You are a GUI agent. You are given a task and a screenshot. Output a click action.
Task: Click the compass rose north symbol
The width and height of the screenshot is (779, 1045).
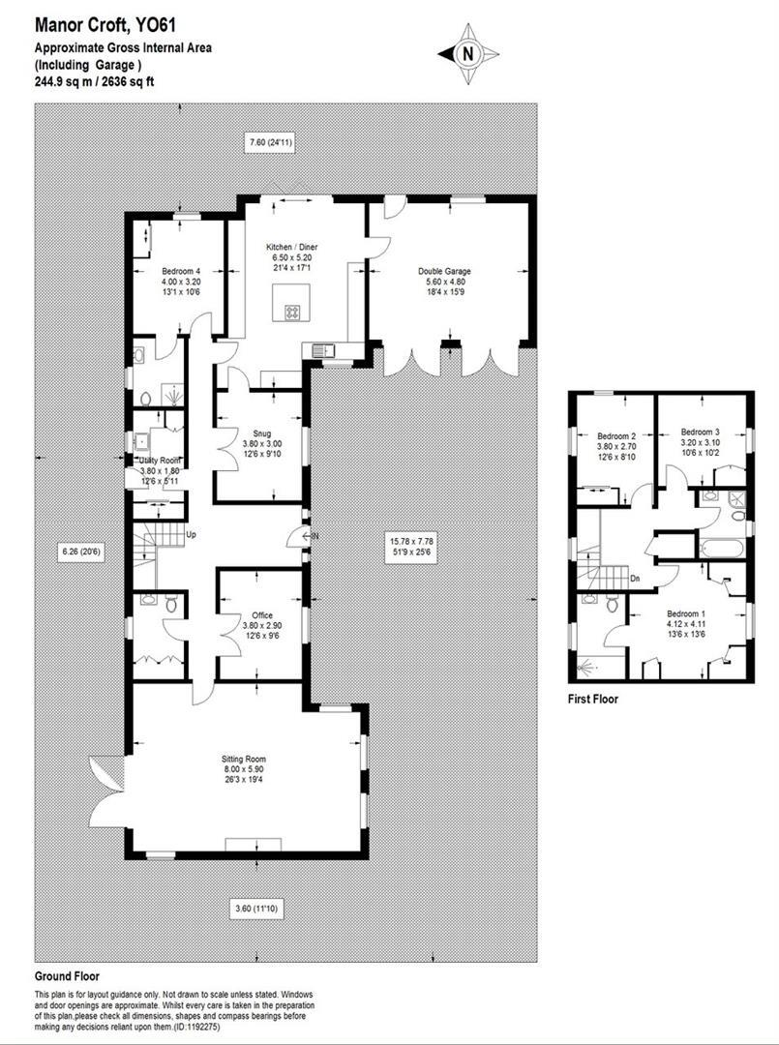[469, 54]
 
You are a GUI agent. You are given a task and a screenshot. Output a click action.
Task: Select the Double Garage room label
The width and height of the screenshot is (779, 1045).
[444, 272]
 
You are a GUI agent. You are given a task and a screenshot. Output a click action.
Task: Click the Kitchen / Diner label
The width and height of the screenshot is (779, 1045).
[292, 248]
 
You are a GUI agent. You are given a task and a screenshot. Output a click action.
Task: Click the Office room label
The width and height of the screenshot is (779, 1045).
[262, 615]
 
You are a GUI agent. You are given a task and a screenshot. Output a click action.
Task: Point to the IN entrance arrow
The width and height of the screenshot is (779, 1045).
[311, 536]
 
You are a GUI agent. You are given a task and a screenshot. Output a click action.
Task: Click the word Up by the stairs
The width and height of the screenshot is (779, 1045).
[191, 533]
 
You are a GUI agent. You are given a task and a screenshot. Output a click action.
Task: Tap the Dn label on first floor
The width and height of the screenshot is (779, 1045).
[635, 579]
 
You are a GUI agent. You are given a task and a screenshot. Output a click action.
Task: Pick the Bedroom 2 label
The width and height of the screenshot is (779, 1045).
[615, 436]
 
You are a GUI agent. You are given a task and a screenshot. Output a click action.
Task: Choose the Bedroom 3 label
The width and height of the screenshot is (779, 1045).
[701, 431]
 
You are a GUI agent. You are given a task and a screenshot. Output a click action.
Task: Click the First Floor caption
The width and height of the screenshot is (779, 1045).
[592, 698]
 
